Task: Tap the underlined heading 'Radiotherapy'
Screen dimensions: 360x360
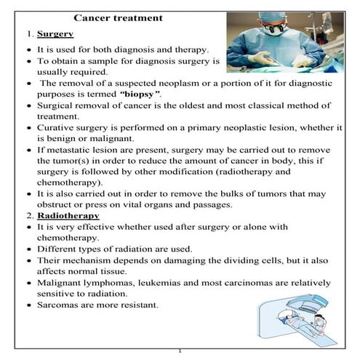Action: point(66,216)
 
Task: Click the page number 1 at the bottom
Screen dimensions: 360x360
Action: point(180,352)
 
